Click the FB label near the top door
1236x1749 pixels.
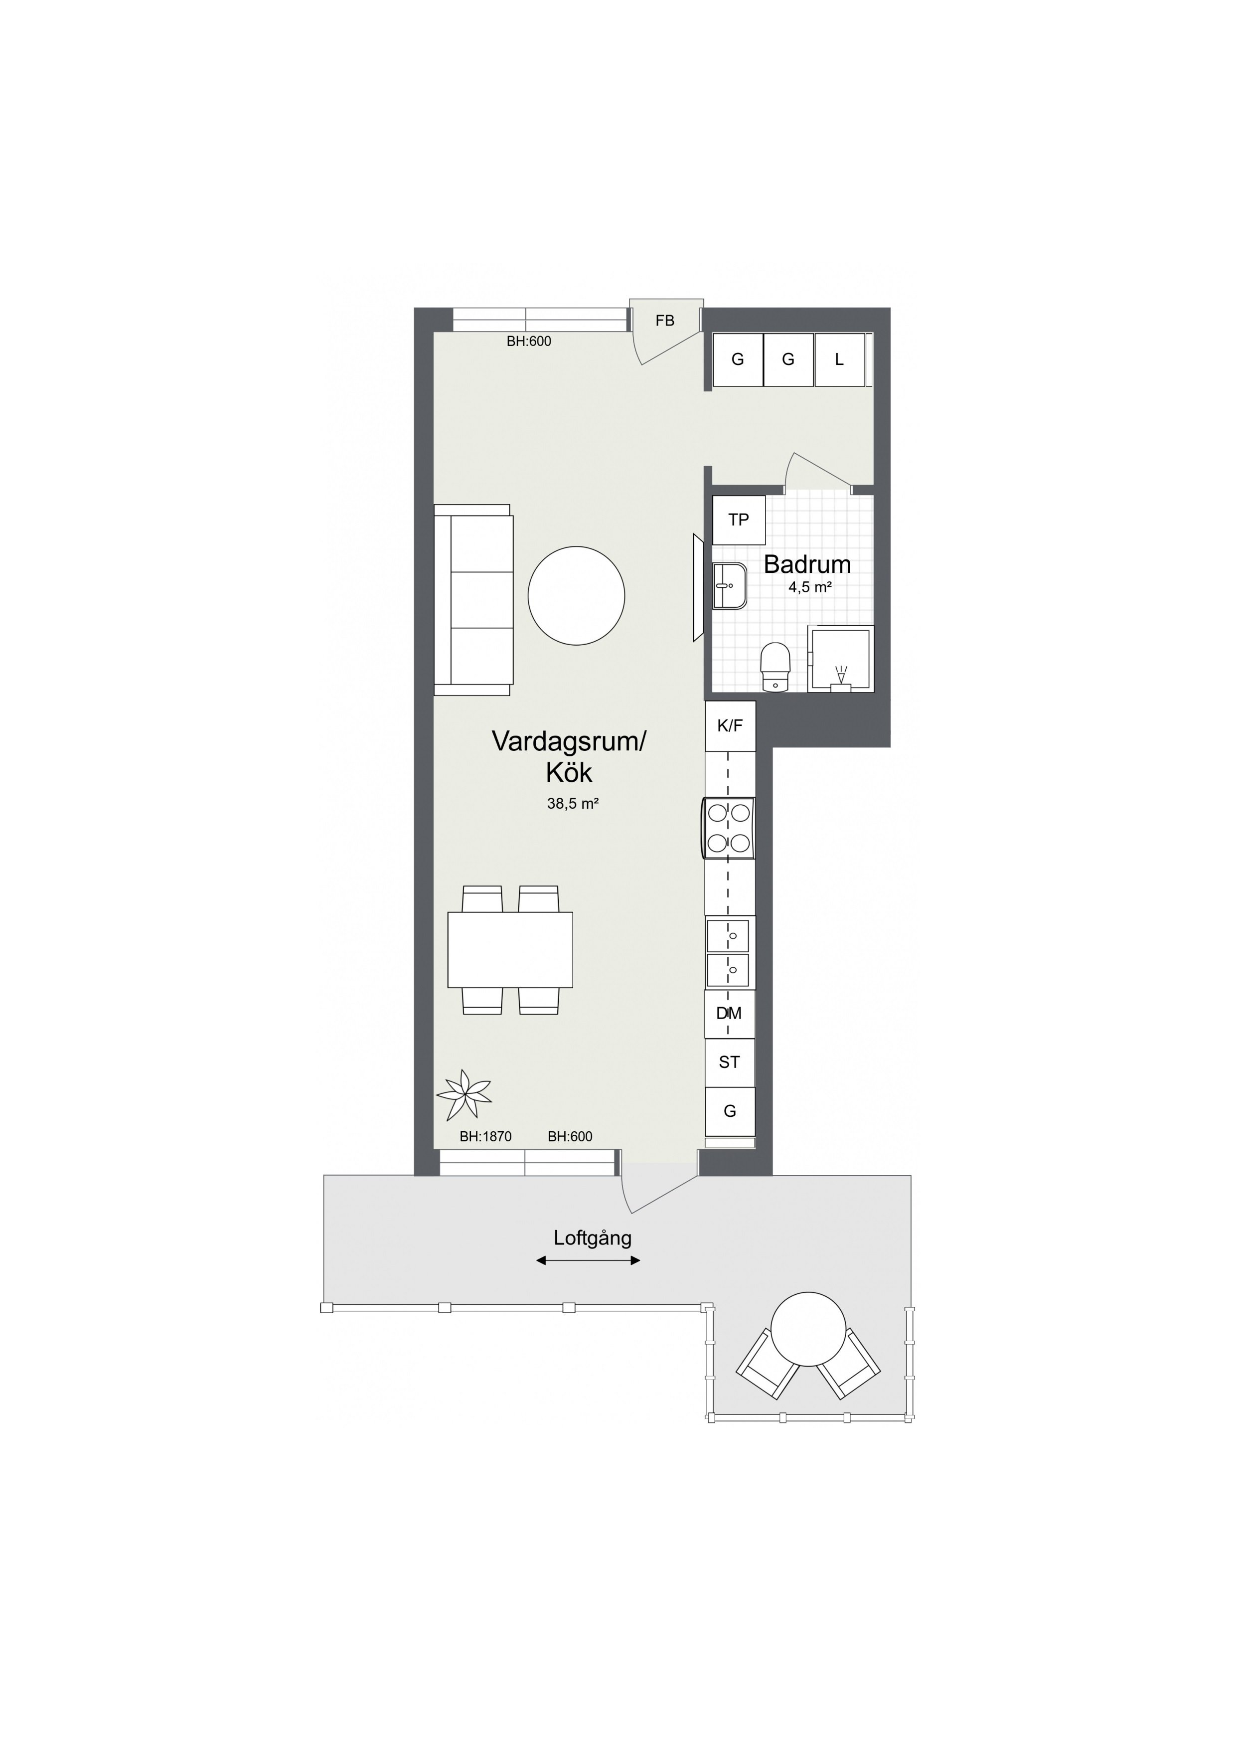point(665,321)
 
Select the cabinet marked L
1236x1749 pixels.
point(839,359)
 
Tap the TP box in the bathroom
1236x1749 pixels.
point(739,520)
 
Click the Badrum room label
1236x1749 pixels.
point(807,564)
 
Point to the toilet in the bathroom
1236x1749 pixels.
point(776,667)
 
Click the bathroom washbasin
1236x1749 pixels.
point(730,586)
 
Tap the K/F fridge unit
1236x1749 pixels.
point(730,726)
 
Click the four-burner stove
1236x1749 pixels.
point(729,828)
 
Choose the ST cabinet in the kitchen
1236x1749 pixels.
point(730,1062)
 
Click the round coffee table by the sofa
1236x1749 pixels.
point(577,595)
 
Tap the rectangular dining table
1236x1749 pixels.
point(510,949)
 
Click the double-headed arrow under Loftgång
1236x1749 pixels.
point(588,1261)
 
